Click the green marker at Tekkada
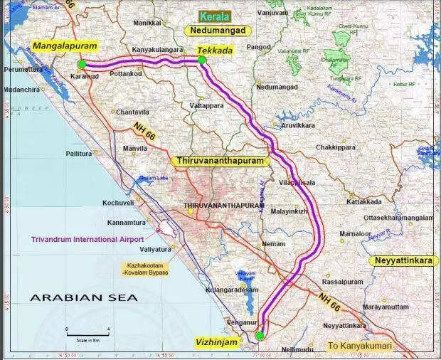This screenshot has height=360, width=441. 202,60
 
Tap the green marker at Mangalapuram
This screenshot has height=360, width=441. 83,64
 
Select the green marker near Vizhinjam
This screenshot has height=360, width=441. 260,335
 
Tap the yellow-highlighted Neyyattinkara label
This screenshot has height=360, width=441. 403,261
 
